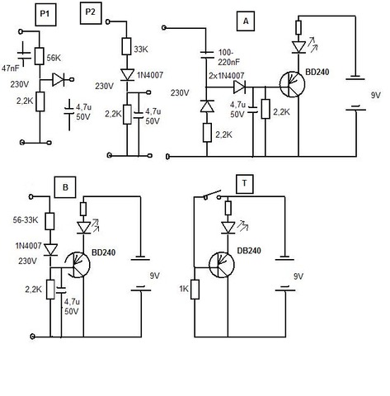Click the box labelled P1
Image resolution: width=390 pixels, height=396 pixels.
45,15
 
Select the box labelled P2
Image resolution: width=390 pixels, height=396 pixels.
91,13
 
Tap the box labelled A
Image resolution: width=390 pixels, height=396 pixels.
246,21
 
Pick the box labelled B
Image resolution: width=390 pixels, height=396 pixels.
65,187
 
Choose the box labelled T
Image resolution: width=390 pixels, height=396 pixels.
245,183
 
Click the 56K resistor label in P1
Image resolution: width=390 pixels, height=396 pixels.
54,59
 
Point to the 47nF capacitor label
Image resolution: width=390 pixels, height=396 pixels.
11,68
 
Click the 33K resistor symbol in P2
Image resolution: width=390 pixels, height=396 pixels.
127,46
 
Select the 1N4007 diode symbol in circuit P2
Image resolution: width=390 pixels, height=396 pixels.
127,75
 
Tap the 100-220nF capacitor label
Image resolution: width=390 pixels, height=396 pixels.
229,58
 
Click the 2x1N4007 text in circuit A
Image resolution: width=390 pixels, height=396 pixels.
226,76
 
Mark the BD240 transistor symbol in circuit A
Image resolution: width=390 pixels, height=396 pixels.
293,84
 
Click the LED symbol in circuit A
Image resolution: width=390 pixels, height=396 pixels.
299,47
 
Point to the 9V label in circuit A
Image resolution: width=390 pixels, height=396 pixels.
376,96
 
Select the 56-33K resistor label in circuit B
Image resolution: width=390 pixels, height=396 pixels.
26,220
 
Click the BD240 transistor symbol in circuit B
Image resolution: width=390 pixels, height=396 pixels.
78,265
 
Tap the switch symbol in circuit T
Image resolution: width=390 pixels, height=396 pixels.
213,195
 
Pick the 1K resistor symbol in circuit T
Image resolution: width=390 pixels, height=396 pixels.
195,290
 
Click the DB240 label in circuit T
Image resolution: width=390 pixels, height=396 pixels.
249,251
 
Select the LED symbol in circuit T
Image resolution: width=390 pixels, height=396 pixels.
228,228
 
